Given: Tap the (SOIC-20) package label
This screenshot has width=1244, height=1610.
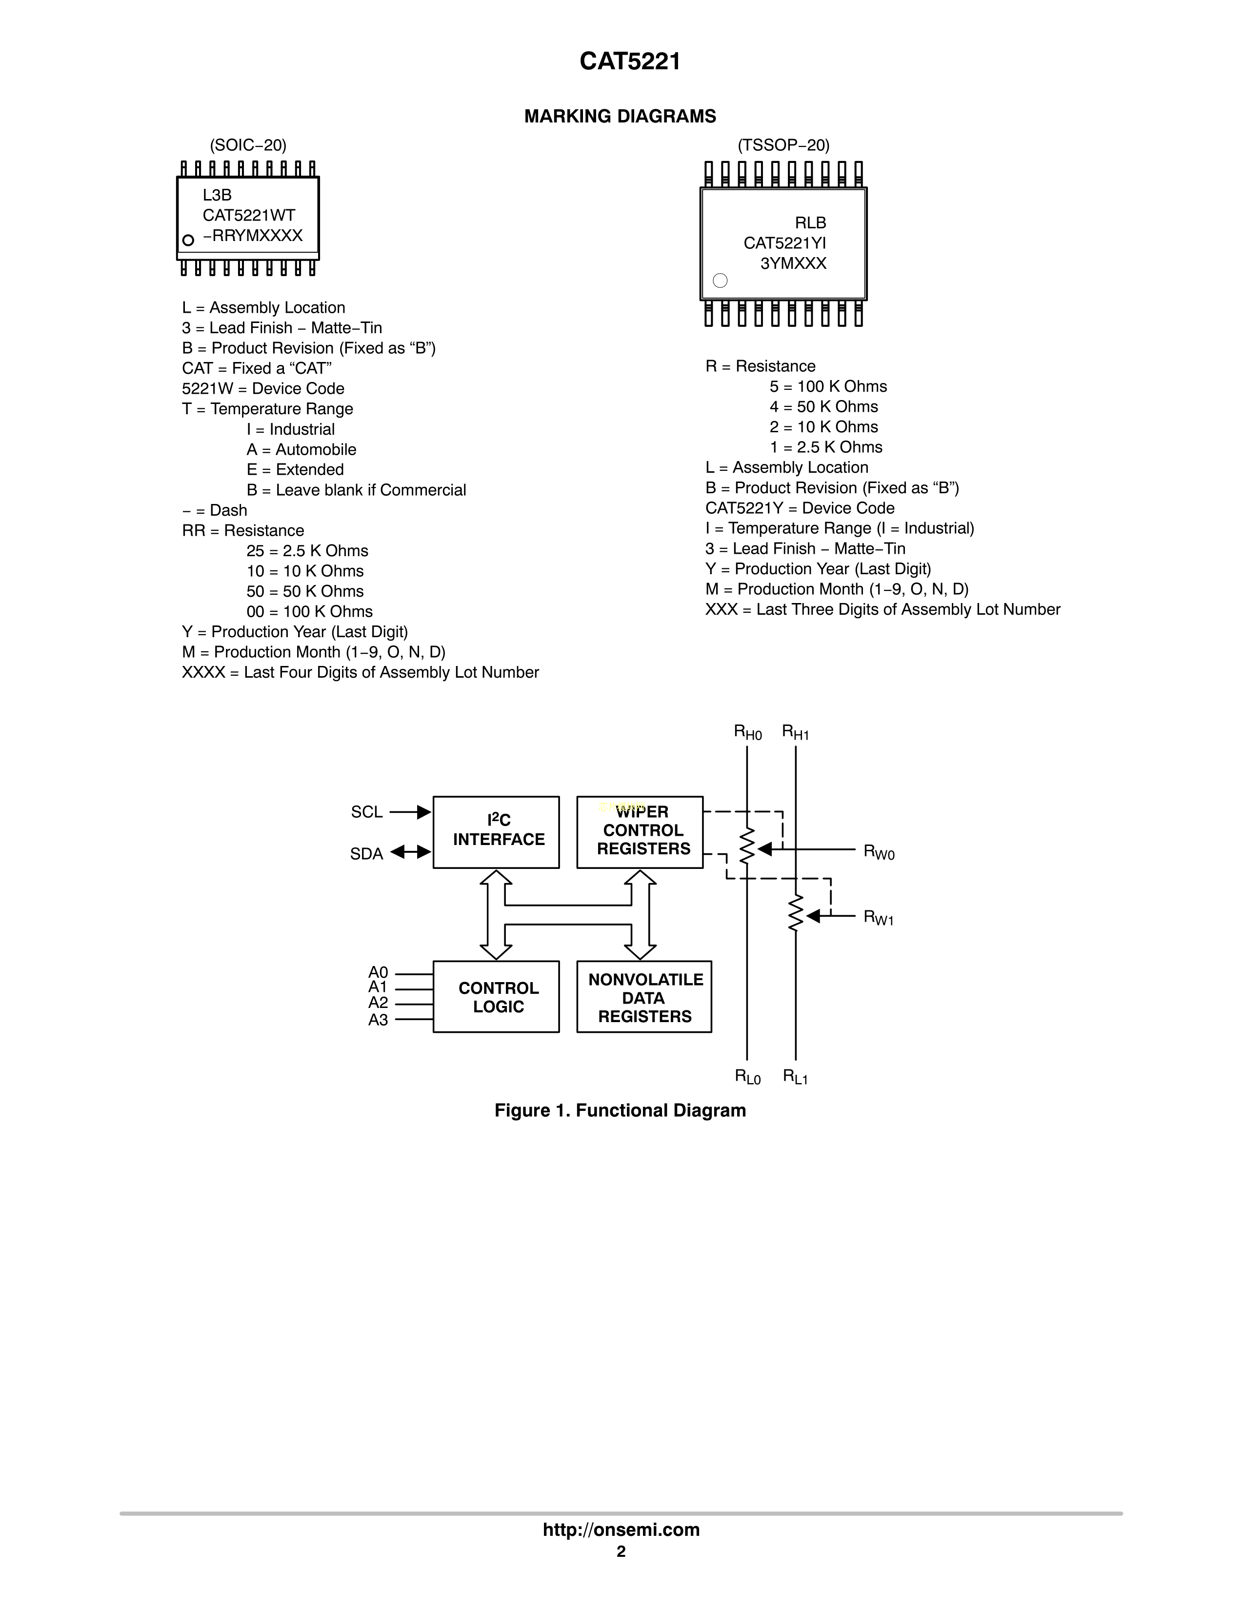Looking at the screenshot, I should [x=248, y=145].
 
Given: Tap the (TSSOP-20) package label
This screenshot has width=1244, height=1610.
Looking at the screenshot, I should [x=783, y=145].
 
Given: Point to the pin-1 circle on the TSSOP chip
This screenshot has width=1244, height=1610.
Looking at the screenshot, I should [x=720, y=280].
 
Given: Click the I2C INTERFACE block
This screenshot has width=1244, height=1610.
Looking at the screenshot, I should [x=496, y=831].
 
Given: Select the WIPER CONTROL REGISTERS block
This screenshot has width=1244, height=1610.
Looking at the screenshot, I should [x=640, y=831].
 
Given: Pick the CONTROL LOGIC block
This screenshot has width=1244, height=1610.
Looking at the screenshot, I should [x=496, y=997].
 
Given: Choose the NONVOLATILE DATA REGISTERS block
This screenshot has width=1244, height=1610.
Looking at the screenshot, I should [x=644, y=997].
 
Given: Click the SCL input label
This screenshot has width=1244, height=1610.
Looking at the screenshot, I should [x=366, y=812].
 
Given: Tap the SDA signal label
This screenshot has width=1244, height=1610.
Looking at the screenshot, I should [x=366, y=854].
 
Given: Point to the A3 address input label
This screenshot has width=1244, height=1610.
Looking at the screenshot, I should [x=378, y=1020].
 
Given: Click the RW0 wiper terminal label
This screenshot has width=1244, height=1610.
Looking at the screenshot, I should [x=879, y=852].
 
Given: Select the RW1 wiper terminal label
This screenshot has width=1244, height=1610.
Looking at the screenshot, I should [x=879, y=918].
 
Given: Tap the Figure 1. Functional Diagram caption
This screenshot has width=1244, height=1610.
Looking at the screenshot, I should [x=620, y=1111].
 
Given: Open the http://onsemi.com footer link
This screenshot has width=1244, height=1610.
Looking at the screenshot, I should [x=621, y=1529].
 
